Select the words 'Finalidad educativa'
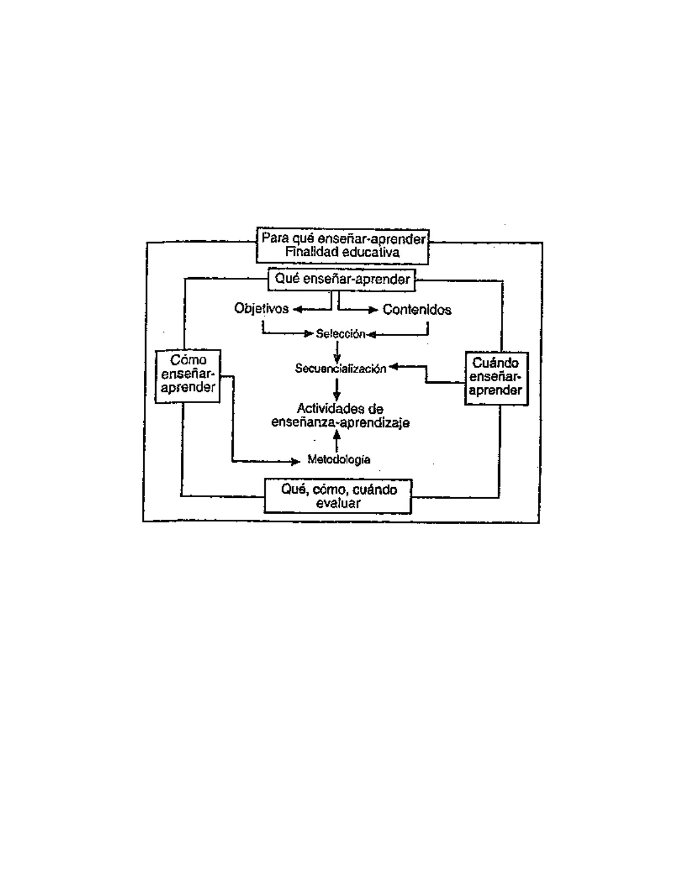click(x=342, y=252)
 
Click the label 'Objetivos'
click(x=261, y=309)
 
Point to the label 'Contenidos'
click(x=417, y=310)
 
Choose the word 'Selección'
click(x=341, y=334)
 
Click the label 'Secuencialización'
click(x=341, y=368)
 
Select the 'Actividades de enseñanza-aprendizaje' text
click(x=340, y=416)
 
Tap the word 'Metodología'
click(x=339, y=460)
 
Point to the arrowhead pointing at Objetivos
click(x=298, y=310)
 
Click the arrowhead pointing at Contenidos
click(x=373, y=310)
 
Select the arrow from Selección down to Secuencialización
click(x=337, y=352)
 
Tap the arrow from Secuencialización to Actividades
click(x=336, y=390)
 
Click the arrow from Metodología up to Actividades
click(x=336, y=441)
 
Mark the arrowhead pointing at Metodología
click(x=295, y=461)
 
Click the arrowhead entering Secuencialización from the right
click(x=393, y=367)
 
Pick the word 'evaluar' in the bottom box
click(x=338, y=503)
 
